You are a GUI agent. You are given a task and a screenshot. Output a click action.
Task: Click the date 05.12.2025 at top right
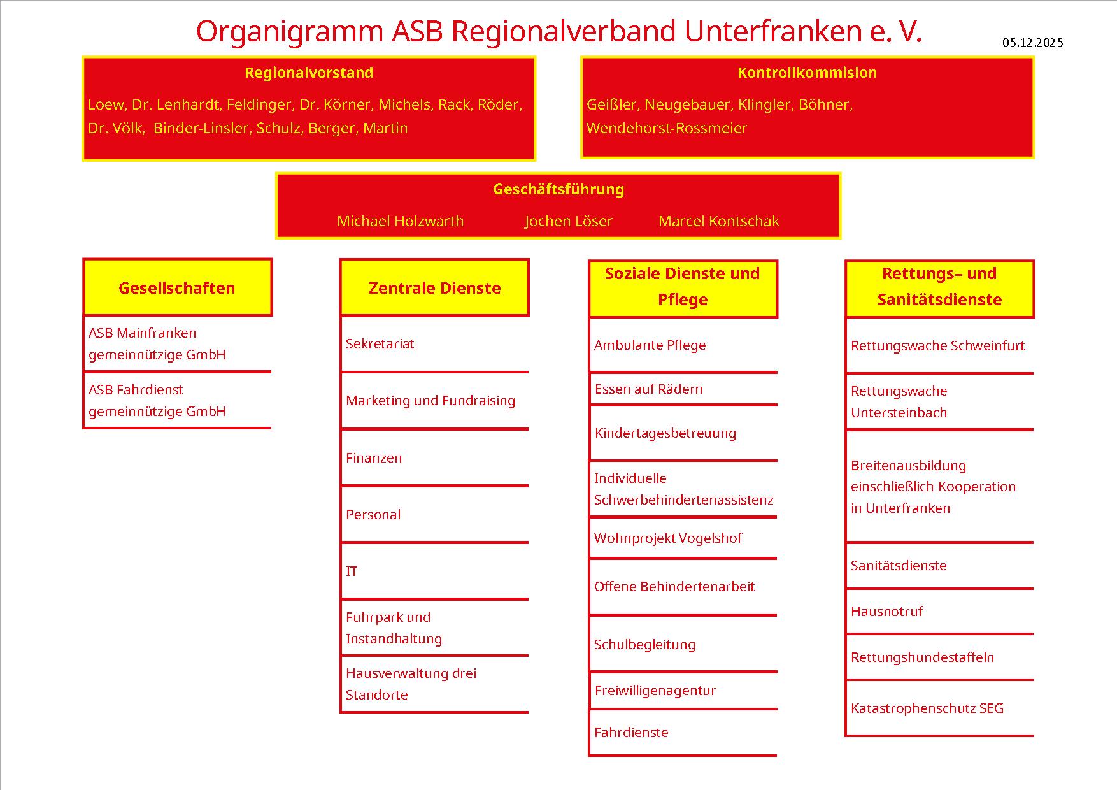1032,43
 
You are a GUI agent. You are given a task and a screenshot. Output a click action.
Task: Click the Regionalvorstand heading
309,73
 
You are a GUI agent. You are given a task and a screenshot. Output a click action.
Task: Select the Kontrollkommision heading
807,73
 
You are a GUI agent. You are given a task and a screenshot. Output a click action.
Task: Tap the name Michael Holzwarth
400,221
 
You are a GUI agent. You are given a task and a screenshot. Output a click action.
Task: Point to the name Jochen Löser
568,221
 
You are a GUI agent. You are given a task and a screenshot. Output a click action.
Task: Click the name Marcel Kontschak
718,221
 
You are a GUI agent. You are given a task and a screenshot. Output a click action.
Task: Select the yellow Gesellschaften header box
178,288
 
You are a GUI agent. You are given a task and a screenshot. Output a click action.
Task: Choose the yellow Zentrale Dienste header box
434,288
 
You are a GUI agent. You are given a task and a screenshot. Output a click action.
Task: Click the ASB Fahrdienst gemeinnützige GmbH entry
157,400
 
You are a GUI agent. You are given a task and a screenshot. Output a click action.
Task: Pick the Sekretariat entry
380,344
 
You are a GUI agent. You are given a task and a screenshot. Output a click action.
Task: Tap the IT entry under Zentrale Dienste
352,571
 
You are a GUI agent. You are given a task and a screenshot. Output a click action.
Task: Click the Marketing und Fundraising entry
430,401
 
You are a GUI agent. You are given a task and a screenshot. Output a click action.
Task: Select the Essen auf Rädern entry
648,389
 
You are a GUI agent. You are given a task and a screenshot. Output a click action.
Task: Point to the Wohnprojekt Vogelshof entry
667,538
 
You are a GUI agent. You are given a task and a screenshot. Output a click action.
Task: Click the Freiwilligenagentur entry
655,691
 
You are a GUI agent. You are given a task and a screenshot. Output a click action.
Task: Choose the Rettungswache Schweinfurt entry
937,346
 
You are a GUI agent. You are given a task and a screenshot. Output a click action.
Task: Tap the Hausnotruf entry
886,612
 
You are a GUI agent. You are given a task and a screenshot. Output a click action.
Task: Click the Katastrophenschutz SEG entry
927,708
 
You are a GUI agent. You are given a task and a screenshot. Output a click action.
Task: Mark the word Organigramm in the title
289,32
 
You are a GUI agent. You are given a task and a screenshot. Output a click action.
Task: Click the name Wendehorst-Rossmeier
666,128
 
